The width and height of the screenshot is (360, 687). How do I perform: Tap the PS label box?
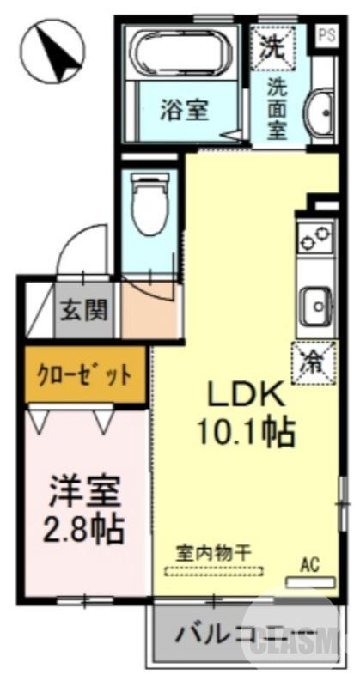point(326,35)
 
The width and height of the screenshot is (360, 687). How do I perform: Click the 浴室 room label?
point(185,109)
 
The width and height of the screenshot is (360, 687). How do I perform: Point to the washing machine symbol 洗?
point(272,46)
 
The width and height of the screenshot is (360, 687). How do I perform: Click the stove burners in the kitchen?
point(315,238)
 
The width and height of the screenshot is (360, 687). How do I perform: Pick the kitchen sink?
point(315,303)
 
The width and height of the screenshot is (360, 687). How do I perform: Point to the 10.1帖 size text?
point(244,432)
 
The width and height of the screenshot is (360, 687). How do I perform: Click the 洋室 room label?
point(84,493)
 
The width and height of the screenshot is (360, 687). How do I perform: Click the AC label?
point(309,565)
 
